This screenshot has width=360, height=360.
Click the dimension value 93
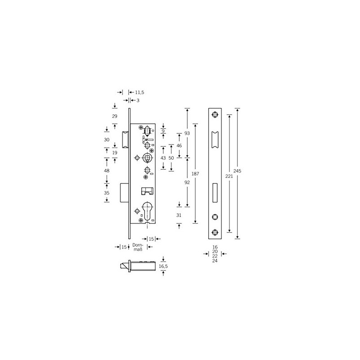tap(187, 134)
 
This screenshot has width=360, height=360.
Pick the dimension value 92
tap(187, 182)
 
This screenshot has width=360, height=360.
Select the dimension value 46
tap(179, 145)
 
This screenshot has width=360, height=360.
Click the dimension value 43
tap(163, 157)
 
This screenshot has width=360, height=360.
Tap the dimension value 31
tap(179, 215)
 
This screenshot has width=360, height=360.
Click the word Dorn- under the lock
tap(138, 244)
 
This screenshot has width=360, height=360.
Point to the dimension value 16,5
tap(163, 266)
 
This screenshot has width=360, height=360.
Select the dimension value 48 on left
tap(107, 171)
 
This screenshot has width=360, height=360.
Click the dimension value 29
tap(114, 116)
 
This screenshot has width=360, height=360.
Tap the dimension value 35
tap(107, 193)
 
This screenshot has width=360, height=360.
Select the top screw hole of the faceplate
tap(215, 115)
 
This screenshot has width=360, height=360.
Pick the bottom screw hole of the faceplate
tap(215, 233)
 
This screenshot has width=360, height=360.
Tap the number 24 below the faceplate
tap(215, 261)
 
